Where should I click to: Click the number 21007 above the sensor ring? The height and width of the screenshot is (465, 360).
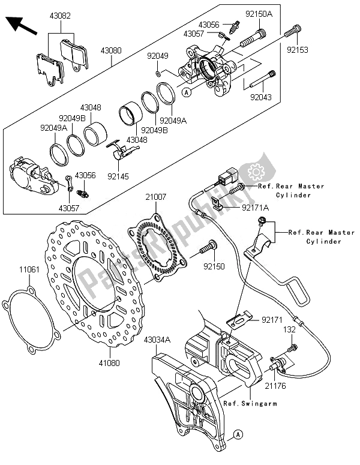(154, 196)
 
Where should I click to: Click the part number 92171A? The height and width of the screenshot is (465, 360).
(256, 208)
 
